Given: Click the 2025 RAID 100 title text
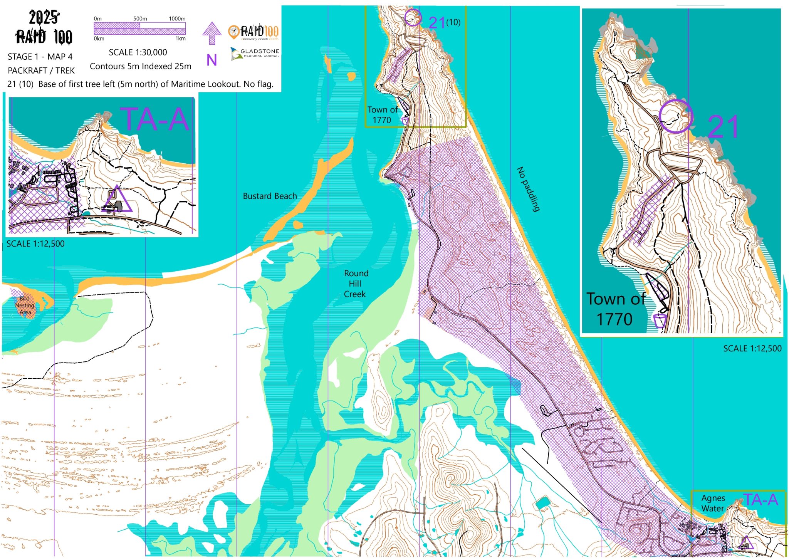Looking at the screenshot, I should click(x=44, y=28).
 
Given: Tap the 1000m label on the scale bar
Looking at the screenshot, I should click(x=177, y=18).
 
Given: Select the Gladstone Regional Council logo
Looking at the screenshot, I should click(x=255, y=53).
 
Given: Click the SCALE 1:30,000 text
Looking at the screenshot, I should click(x=138, y=52).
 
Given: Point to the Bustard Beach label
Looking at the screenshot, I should click(x=270, y=196).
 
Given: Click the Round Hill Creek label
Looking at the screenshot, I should click(x=355, y=284).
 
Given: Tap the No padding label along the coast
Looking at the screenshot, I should click(x=528, y=189).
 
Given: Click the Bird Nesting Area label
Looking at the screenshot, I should click(x=25, y=306).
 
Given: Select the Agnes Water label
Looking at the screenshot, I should click(x=713, y=503).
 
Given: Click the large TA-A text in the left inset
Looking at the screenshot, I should click(x=155, y=119).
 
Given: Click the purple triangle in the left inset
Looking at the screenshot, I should click(x=117, y=200).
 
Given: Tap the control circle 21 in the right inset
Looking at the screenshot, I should click(x=676, y=116).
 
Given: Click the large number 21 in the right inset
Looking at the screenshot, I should click(x=723, y=127).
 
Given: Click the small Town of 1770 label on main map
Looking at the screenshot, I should click(x=382, y=115).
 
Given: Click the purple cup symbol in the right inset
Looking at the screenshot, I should click(x=660, y=321).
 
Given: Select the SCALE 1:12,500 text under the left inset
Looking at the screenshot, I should click(x=35, y=244).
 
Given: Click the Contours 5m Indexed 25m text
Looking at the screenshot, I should click(x=141, y=66).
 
